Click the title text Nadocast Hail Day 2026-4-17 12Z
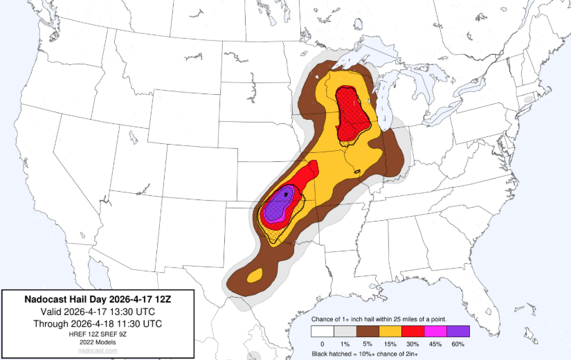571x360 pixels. coord(97,300)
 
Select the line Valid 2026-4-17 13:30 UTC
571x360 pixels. coord(97,312)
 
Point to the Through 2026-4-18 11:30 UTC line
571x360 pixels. coord(97,323)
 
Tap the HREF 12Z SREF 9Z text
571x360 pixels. coord(97,334)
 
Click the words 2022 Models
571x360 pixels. coord(97,342)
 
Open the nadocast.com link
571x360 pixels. coord(97,351)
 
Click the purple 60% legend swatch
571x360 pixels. coord(457,331)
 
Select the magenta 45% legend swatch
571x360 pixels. coord(435,331)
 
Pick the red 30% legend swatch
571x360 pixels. coord(413,331)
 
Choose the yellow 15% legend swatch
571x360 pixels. coord(390,331)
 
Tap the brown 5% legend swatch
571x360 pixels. coord(367,331)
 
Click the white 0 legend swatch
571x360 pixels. coord(322,331)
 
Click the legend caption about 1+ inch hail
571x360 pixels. coord(379,318)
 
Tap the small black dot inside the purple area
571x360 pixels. coord(286,195)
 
